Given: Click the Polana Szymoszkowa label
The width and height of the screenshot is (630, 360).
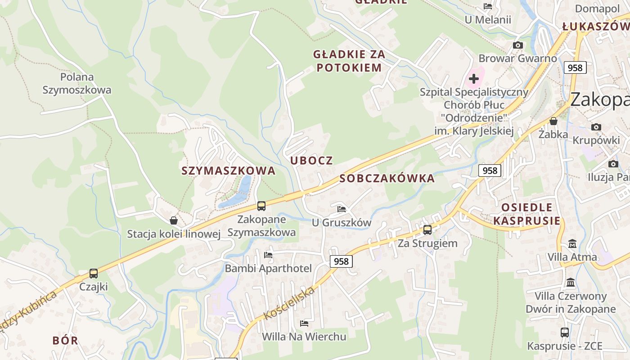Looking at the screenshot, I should coord(76,83).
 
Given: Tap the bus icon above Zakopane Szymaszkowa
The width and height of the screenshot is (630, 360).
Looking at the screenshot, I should coord(261,206).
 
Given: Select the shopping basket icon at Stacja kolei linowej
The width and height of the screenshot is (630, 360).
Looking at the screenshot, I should coord(174,220).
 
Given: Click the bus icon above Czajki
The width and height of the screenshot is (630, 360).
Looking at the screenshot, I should coord(94,273).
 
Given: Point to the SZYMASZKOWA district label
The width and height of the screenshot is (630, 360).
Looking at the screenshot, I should coord(228,171).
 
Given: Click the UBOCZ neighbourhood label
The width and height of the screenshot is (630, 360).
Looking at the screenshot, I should coord(311,161).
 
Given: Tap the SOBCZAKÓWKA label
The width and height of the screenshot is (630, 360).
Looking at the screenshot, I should coord(387,178).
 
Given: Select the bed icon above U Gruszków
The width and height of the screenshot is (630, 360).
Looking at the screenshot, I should coord(342,209).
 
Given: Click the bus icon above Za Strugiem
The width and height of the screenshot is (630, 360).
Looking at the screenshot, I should coord(427,229).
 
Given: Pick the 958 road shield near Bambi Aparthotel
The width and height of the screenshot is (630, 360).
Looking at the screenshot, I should coord(342,261).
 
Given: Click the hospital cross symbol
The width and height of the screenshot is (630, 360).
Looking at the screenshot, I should coord(473,79).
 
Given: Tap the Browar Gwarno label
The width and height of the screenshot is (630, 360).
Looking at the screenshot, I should coord(517,58).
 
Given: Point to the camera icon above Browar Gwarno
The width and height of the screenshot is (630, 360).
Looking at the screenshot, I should coord(518,45).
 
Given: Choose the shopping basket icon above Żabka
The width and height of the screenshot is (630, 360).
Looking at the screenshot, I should coord(553,121).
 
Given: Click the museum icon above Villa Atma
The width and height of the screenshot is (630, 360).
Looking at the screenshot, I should coord(572,244).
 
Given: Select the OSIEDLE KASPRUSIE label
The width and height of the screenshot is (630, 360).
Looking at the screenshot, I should coord(527,214).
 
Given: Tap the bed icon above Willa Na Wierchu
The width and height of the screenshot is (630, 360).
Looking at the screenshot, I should coord(304,323).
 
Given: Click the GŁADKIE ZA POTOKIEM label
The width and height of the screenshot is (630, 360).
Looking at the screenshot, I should coord(349,61).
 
